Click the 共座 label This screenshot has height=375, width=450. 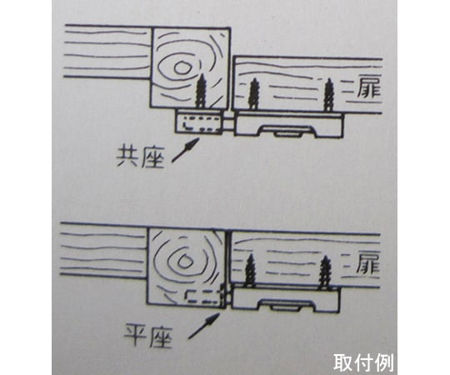pos(140,157)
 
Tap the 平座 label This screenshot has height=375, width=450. pos(148,336)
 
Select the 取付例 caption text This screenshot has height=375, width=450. pos(362,362)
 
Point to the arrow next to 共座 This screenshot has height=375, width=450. pos(185,150)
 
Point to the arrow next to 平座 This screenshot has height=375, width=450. pos(204,326)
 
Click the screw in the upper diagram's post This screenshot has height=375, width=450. pos(201,91)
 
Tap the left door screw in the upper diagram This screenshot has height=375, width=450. pos(253,94)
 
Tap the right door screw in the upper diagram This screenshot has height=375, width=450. pos(328,95)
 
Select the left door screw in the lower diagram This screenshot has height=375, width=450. pos(251,270)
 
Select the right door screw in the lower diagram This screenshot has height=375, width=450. pos(325,272)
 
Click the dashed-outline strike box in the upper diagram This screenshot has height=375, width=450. pos(199,122)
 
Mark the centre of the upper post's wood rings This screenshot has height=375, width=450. pos(181,67)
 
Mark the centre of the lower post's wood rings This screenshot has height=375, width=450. pos(183,261)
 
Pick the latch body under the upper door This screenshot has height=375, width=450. pos(288,124)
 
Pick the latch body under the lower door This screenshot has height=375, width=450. pos(286,298)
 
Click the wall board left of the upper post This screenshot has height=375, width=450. pos(107,52)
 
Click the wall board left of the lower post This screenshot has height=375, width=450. pos(104,250)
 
